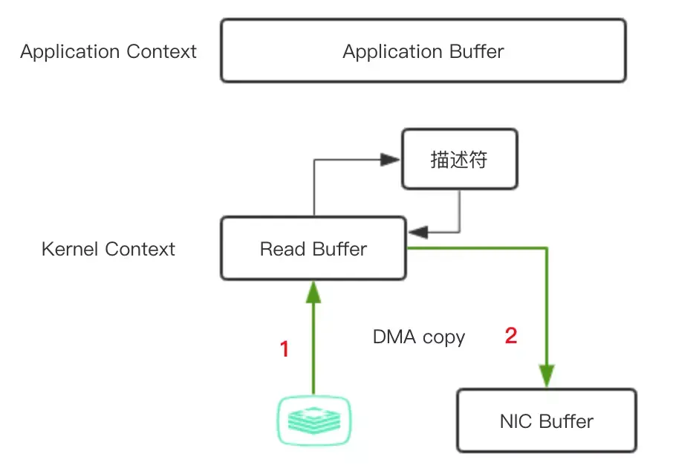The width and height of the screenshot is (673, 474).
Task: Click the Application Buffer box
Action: pyautogui.click(x=423, y=51)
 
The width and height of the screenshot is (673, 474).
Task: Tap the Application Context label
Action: pyautogui.click(x=108, y=52)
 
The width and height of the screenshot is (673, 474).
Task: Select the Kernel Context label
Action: pyautogui.click(x=108, y=249)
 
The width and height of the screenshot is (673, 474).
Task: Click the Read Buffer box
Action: pyautogui.click(x=313, y=249)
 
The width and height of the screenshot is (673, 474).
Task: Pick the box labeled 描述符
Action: pyautogui.click(x=459, y=159)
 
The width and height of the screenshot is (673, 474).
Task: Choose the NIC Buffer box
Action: pyautogui.click(x=546, y=421)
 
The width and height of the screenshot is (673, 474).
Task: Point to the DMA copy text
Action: pyautogui.click(x=419, y=337)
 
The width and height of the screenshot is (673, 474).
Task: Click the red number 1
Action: pyautogui.click(x=284, y=348)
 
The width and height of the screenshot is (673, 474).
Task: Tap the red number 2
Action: pyautogui.click(x=511, y=336)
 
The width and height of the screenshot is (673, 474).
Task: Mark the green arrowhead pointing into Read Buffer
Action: pyautogui.click(x=313, y=291)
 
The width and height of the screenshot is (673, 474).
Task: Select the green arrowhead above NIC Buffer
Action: pyautogui.click(x=548, y=375)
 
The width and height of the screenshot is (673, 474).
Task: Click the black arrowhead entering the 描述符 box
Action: pyautogui.click(x=391, y=158)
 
